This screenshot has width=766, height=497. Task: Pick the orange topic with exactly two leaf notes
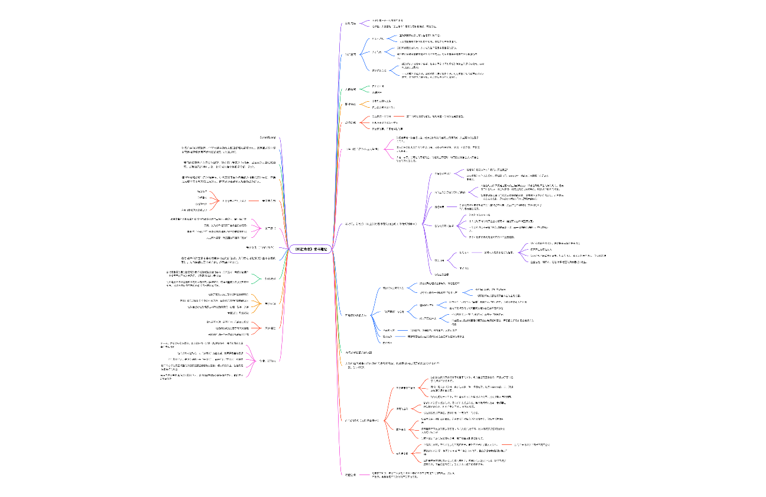point(350,104)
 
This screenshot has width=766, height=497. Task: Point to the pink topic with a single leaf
point(351,122)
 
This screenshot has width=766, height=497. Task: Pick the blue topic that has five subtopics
point(355,315)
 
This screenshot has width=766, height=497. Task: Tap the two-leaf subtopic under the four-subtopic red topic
point(401,409)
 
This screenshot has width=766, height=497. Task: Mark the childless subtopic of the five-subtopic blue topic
point(388,343)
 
